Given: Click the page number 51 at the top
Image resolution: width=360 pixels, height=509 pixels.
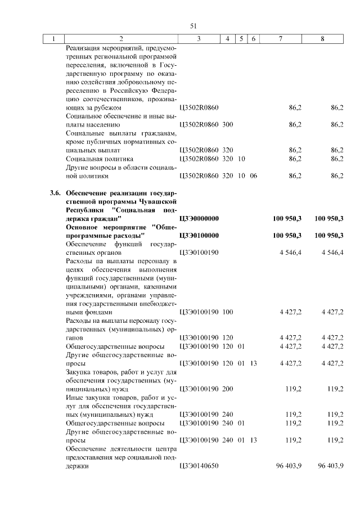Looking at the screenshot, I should click(194, 26).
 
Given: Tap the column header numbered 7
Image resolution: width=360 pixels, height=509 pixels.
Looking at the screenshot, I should click(281, 39).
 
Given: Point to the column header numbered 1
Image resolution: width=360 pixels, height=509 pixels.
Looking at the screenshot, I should click(54, 39).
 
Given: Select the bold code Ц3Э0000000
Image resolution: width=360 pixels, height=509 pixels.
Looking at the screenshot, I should click(199, 218).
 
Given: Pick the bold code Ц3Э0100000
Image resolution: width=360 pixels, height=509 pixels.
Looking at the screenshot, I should click(199, 235).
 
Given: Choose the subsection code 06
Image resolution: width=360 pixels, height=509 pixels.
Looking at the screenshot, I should click(253, 175).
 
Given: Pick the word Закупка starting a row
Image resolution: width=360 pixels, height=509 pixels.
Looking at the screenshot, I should click(79, 372).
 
